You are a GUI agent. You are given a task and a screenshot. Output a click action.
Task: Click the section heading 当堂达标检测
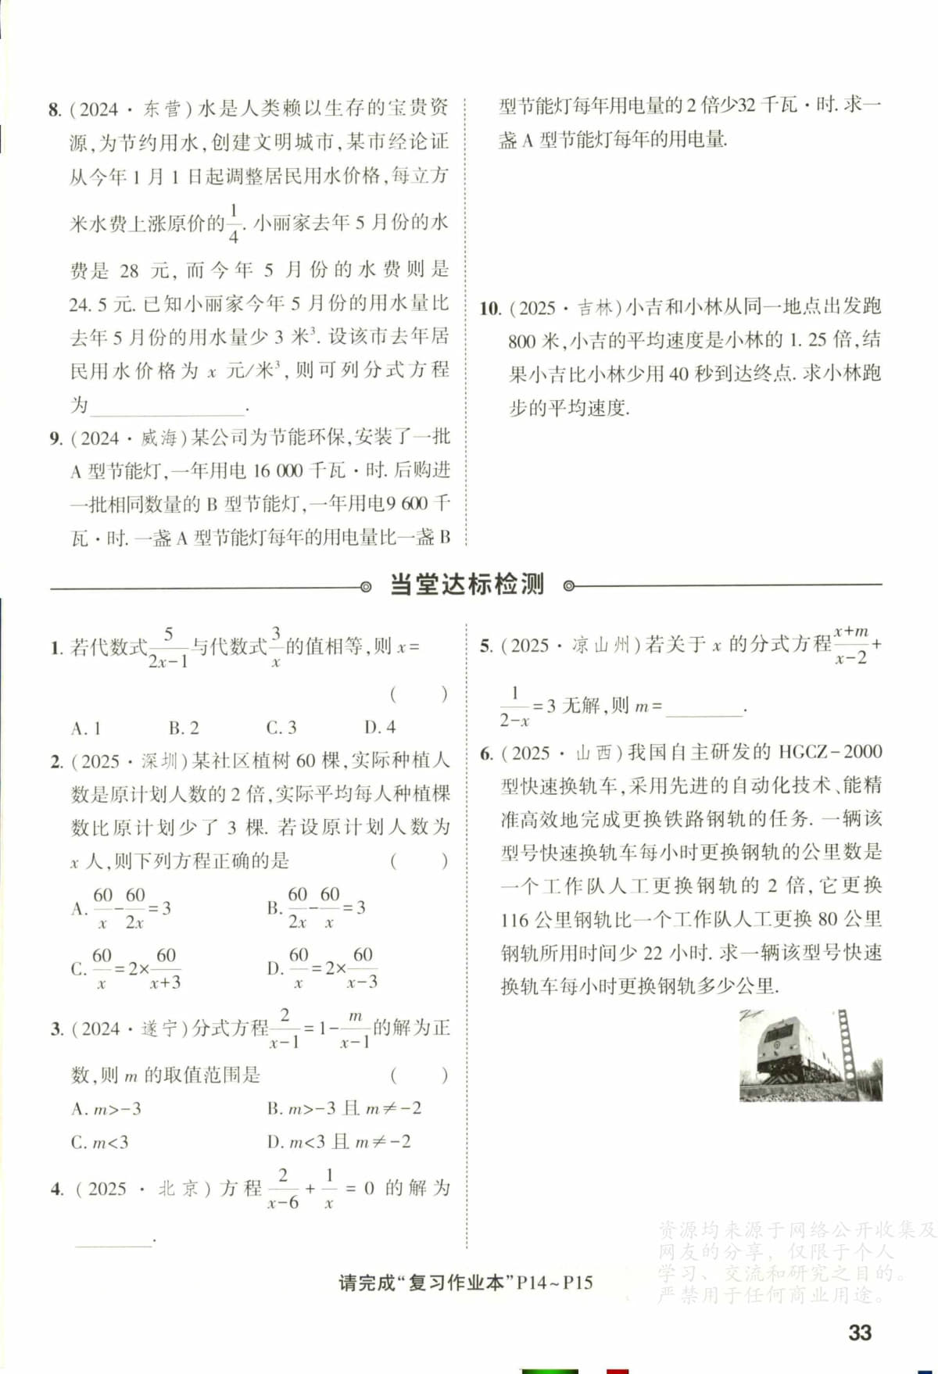click(467, 585)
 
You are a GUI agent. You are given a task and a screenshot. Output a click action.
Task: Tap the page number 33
click(860, 1333)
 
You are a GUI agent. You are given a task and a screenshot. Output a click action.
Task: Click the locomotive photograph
click(811, 1056)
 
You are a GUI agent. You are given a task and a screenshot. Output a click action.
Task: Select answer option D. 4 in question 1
click(380, 728)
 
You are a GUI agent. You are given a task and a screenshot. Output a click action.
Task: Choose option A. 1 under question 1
click(86, 728)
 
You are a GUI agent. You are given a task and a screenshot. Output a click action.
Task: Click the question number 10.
click(490, 309)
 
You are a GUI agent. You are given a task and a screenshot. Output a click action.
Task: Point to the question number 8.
click(54, 109)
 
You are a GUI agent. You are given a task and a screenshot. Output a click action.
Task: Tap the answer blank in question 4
click(113, 1240)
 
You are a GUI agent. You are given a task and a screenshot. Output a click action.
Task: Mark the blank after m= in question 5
click(704, 708)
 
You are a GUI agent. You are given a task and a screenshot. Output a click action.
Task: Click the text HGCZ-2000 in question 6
click(830, 752)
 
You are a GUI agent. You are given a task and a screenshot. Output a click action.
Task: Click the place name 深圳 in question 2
click(159, 760)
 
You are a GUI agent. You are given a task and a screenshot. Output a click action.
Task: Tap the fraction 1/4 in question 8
click(234, 224)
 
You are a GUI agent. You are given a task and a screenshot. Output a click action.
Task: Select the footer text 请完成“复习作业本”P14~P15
click(466, 1283)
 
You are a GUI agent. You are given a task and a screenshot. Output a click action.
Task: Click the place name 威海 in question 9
click(159, 438)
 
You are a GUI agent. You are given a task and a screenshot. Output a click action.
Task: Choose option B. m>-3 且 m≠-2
click(344, 1108)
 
